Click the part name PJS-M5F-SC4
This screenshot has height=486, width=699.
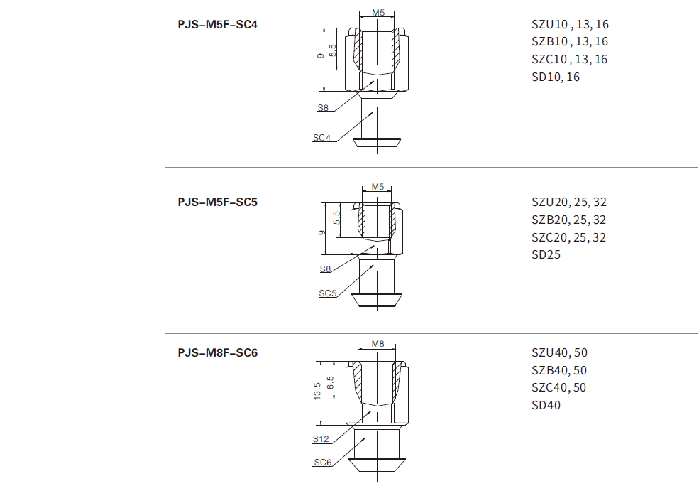217,24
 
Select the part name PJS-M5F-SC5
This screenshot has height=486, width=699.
217,202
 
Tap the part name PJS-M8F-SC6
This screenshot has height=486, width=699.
217,352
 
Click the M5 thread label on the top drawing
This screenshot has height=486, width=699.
378,13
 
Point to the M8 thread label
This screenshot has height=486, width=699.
378,345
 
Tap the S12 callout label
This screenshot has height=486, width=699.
321,439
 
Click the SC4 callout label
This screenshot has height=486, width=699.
321,138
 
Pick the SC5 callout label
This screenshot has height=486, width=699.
326,293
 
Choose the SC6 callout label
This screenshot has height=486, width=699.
323,463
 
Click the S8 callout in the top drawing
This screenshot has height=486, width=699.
323,108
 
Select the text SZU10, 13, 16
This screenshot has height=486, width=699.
570,24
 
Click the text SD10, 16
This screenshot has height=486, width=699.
556,77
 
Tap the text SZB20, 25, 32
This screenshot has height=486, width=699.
569,220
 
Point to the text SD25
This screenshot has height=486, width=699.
546,254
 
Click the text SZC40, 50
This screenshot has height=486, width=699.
559,387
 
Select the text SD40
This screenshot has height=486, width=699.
546,405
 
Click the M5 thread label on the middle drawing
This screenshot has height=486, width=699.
378,188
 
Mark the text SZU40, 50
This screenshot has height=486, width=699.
559,352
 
